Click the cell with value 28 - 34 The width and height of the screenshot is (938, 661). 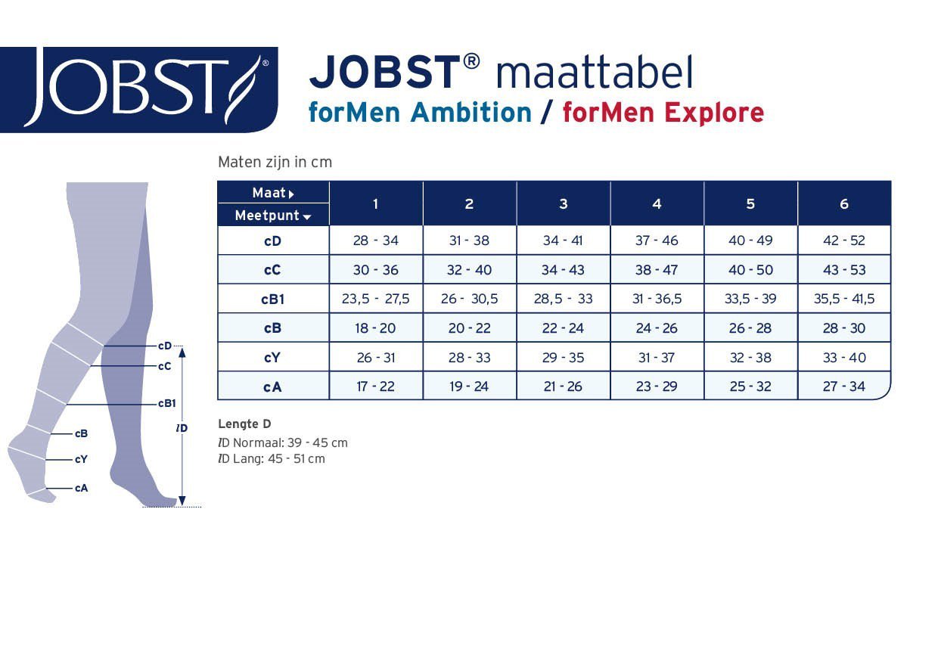(x=376, y=241)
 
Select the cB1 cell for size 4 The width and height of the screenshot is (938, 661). (x=657, y=299)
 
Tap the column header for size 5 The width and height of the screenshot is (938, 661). (x=750, y=204)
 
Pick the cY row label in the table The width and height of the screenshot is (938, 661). (x=272, y=358)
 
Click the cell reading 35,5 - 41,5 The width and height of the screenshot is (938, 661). (x=843, y=299)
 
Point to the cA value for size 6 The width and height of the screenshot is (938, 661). (x=843, y=386)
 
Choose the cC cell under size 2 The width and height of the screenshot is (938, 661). (x=469, y=270)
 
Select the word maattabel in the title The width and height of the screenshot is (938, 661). (x=595, y=72)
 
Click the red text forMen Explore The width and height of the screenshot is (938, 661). (x=663, y=113)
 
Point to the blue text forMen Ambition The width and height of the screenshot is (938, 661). (x=420, y=113)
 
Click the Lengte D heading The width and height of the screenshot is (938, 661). (x=244, y=424)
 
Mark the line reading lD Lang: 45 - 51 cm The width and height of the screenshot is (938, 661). (x=272, y=459)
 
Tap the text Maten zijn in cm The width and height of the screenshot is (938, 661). (x=275, y=162)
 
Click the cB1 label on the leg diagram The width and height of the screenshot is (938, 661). (x=166, y=404)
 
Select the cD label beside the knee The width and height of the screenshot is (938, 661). (x=165, y=346)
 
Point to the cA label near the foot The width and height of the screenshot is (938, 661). (x=81, y=488)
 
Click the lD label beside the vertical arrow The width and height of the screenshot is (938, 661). (x=182, y=428)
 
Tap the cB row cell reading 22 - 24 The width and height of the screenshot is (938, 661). (x=563, y=328)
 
